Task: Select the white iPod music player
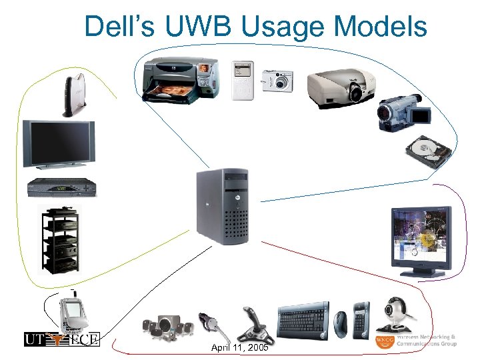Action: tap(243, 80)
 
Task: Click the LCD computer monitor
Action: tap(421, 240)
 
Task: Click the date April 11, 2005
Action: tap(240, 348)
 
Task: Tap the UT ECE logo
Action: tap(61, 339)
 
